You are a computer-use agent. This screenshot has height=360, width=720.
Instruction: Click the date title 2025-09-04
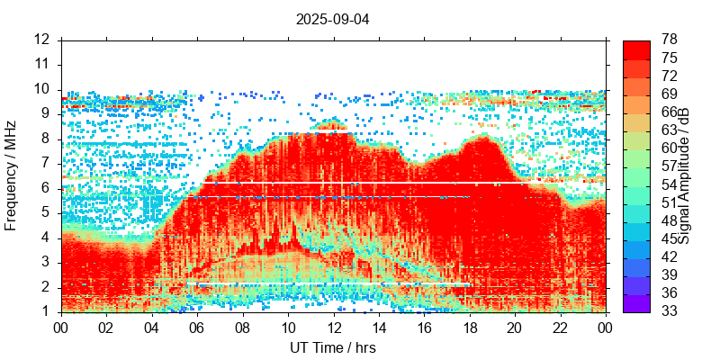(332, 18)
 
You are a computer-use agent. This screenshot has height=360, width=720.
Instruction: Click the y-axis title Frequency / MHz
(12, 175)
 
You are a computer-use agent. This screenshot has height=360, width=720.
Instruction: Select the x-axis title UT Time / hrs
(332, 347)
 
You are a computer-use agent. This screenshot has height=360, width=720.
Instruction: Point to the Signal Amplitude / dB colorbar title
(685, 175)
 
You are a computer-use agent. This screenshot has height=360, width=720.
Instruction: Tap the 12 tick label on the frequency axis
(41, 40)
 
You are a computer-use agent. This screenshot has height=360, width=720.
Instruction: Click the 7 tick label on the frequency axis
(45, 164)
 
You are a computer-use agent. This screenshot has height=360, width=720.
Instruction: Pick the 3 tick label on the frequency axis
(45, 263)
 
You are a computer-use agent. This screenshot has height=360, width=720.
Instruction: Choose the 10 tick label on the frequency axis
(41, 89)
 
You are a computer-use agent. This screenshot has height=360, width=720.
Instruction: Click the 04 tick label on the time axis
(152, 328)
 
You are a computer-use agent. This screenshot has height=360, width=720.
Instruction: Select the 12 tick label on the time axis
(333, 328)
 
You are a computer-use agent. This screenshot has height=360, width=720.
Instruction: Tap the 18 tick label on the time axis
(468, 328)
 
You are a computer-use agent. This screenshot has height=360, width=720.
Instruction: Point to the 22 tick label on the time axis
(559, 328)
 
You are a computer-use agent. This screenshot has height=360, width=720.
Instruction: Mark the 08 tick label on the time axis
(242, 328)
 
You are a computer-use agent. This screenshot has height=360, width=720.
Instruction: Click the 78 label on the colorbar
(670, 40)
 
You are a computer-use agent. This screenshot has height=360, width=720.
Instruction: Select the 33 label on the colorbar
(670, 311)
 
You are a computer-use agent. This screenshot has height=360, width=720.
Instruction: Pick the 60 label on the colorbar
(670, 148)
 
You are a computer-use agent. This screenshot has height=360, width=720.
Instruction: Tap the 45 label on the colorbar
(670, 238)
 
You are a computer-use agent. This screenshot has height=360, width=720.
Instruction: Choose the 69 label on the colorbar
(670, 94)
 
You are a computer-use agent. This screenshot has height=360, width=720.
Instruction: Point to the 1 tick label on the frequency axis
(45, 312)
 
